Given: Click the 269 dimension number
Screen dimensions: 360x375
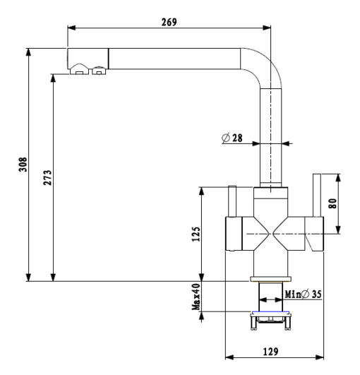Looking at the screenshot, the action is [x=169, y=22].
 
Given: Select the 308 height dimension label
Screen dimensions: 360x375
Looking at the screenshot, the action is [x=23, y=165].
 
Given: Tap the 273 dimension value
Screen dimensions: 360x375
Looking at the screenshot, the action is [x=47, y=177].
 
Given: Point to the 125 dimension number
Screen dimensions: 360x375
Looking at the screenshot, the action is [x=196, y=234].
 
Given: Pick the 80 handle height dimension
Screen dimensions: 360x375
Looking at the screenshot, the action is [x=332, y=203].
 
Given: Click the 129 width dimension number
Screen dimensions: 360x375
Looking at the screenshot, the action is [x=270, y=352].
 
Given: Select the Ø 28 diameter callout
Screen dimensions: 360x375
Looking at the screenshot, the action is [x=232, y=138].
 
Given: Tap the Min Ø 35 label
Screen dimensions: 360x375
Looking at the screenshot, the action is [x=303, y=294].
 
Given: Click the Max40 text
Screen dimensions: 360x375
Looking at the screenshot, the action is [x=196, y=297].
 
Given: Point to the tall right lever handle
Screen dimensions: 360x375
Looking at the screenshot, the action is [x=317, y=195].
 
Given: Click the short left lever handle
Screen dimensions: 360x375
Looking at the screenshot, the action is [x=232, y=201].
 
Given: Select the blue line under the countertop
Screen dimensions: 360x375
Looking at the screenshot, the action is [x=270, y=312].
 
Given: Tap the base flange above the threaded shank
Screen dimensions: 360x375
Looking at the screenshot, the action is [x=270, y=279].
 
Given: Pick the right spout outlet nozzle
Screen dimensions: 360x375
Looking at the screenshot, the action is [x=100, y=71].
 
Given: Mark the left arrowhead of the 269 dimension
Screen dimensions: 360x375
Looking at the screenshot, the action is [x=71, y=28].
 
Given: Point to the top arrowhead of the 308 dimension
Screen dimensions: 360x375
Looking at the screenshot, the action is [x=28, y=52].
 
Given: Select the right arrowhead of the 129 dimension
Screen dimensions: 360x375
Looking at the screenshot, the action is [x=320, y=357].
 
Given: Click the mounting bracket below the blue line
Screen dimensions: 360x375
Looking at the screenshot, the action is [x=270, y=321].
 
